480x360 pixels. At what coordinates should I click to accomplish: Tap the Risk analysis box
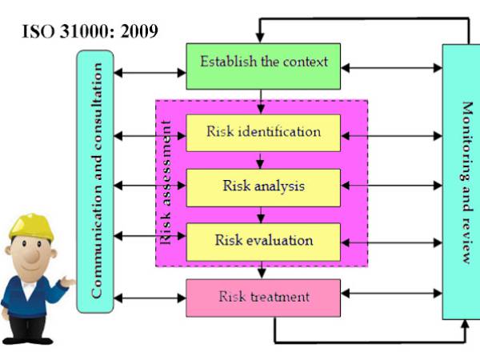pyautogui.click(x=263, y=186)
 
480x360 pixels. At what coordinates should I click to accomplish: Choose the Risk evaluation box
pyautogui.click(x=263, y=240)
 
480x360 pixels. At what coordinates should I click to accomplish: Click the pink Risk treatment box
pyautogui.click(x=263, y=298)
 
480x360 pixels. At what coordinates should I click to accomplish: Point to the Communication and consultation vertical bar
pyautogui.click(x=96, y=182)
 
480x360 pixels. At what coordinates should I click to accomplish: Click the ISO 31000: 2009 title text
pyautogui.click(x=89, y=34)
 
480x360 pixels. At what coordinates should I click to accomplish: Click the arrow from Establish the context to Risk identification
pyautogui.click(x=262, y=102)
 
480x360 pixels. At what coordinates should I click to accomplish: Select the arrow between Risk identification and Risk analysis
pyautogui.click(x=262, y=160)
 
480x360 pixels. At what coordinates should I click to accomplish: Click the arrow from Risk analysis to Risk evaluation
pyautogui.click(x=262, y=215)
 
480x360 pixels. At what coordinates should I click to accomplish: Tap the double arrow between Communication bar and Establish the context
pyautogui.click(x=150, y=73)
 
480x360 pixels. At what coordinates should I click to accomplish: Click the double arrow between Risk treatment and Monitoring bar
pyautogui.click(x=391, y=298)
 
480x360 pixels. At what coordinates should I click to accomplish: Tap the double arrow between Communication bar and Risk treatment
pyautogui.click(x=150, y=298)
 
